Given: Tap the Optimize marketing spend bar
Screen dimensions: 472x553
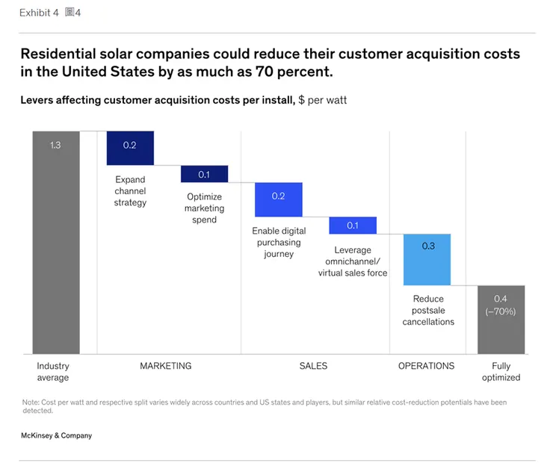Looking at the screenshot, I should click(204, 174).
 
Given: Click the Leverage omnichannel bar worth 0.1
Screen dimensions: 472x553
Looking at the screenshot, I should click(353, 226).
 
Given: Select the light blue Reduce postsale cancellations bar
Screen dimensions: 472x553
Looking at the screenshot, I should click(427, 259).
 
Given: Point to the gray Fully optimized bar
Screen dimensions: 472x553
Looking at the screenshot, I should click(501, 319).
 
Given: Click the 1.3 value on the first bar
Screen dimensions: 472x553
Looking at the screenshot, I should click(56, 145).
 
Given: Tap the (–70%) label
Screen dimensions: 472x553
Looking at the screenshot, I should click(501, 311).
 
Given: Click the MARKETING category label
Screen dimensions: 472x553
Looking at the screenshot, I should click(165, 366).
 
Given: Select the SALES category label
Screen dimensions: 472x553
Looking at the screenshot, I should click(313, 366).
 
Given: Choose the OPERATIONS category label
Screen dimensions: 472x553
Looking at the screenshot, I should click(426, 366).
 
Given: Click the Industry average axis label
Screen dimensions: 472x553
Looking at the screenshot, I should click(53, 372).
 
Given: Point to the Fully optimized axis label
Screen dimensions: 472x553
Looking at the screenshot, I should click(501, 372).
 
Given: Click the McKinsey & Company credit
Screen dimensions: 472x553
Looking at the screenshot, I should click(57, 435).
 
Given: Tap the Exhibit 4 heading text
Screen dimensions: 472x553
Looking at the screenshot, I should click(39, 13).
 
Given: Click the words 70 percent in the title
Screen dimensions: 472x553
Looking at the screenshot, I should click(295, 72).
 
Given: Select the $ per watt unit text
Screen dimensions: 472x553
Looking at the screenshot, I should click(322, 99).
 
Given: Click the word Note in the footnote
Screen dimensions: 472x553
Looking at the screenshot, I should click(31, 403).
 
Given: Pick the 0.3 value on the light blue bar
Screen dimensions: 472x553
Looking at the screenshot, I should click(427, 246).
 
